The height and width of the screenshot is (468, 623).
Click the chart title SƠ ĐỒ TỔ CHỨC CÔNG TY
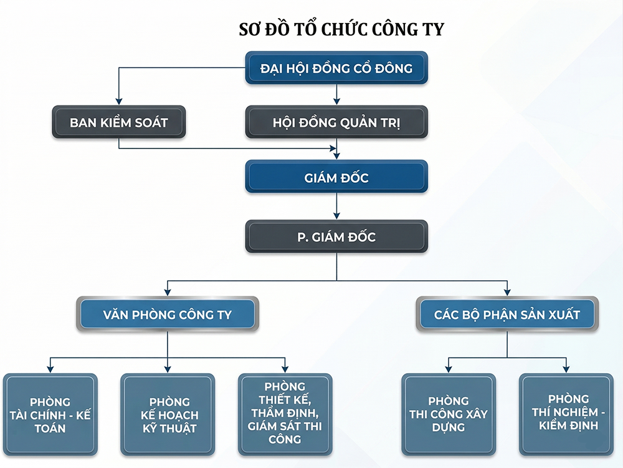pyautogui.click(x=341, y=30)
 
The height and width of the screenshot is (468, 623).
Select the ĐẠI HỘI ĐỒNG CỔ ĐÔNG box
pyautogui.click(x=336, y=68)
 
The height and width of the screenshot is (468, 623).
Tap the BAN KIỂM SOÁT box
pyautogui.click(x=118, y=122)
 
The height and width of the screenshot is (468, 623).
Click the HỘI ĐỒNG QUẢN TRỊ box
pyautogui.click(x=336, y=122)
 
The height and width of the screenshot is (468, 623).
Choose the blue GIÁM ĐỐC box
pyautogui.click(x=336, y=177)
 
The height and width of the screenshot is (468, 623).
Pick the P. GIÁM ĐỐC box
pyautogui.click(x=336, y=237)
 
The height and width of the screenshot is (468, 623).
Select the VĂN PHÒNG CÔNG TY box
pyautogui.click(x=167, y=314)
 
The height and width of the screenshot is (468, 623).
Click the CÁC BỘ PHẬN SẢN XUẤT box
pyautogui.click(x=506, y=314)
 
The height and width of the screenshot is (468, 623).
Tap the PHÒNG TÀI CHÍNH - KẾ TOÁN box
pyautogui.click(x=50, y=415)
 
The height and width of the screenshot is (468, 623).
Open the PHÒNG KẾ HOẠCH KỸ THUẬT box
pyautogui.click(x=167, y=415)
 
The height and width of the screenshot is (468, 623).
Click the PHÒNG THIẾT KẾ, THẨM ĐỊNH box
pyautogui.click(x=285, y=415)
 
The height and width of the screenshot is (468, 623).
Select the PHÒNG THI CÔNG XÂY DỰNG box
pyautogui.click(x=449, y=415)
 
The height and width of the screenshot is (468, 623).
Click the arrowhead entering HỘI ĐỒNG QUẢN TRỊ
pyautogui.click(x=336, y=100)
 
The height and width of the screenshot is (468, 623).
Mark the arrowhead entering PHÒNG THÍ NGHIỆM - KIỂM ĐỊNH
pyautogui.click(x=566, y=369)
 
